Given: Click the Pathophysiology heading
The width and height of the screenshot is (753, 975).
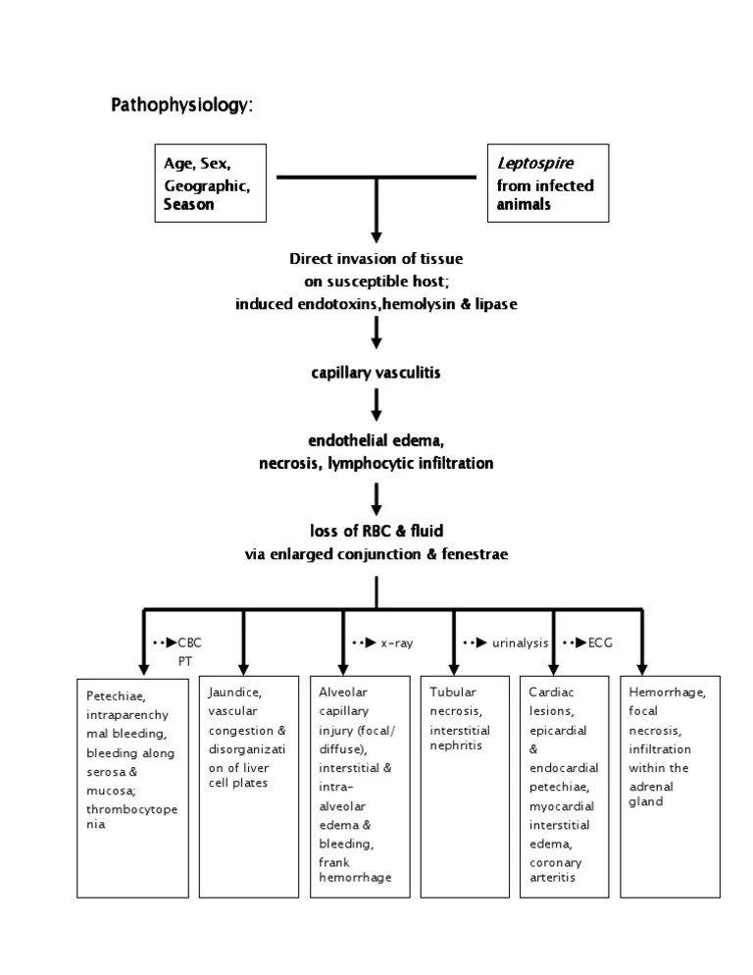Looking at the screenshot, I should pos(181,105).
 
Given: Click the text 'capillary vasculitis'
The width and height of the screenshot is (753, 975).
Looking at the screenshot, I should pos(376,374).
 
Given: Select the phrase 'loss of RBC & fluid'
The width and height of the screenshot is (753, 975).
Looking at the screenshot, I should pos(376,531).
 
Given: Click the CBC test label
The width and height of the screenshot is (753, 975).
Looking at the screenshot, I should pos(189,642).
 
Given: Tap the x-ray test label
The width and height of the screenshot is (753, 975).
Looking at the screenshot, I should pos(396,642).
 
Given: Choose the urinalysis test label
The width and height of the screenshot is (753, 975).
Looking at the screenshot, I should pos(520,642).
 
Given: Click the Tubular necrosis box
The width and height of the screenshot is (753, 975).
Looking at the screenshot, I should pos(475,785).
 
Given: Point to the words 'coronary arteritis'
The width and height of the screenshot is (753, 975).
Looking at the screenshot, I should pos(556,870).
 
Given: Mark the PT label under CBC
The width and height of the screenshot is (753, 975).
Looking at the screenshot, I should pos(185,661).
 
